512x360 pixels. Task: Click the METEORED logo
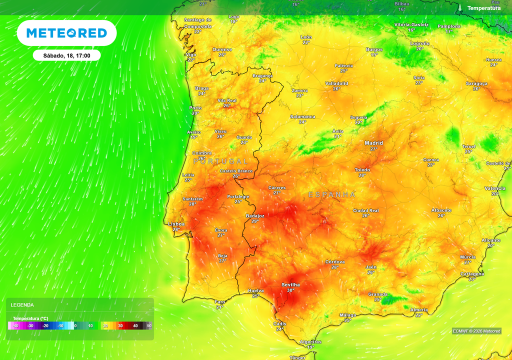pos(66,33)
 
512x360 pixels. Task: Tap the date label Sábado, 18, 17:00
pos(66,55)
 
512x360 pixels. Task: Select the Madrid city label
pos(373,142)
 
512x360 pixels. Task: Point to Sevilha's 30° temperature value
pos(290,290)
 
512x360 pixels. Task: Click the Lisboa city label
pos(176,224)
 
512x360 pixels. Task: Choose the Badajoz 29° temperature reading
pos(255,221)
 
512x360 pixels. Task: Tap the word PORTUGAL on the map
pos(220,161)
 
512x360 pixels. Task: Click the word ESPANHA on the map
pos(332,194)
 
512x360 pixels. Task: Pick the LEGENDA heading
pos(22,304)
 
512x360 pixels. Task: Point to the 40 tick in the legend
pos(135,326)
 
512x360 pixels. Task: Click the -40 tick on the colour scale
pos(15,326)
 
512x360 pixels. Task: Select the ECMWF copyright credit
pos(476,331)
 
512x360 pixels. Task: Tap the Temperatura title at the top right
pos(483,8)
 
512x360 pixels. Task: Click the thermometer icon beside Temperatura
pos(459,8)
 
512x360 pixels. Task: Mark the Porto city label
pos(195,107)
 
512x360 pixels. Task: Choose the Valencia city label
pos(494,188)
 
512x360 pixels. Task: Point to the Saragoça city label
pos(476,83)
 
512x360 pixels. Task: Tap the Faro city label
pos(220,301)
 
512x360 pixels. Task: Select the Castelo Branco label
pos(236,171)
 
